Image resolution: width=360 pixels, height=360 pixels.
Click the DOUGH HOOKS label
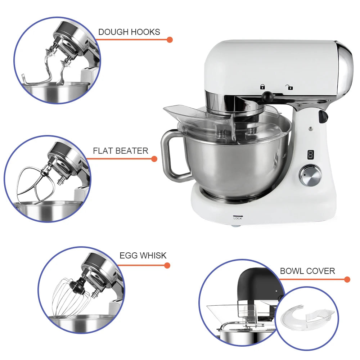click(x=129, y=32)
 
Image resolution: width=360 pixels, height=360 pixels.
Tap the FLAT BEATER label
click(x=121, y=151)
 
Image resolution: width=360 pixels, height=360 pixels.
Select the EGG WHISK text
click(x=143, y=256)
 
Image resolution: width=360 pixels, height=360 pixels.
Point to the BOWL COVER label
click(x=307, y=271)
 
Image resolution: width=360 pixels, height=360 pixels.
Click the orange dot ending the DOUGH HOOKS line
click(x=170, y=40)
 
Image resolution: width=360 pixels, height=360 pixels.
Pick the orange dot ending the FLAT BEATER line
click(x=154, y=159)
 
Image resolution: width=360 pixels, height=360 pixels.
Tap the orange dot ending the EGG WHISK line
click(x=167, y=266)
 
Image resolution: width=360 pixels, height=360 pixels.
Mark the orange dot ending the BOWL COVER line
click(x=347, y=279)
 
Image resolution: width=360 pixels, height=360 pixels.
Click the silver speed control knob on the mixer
click(x=310, y=175)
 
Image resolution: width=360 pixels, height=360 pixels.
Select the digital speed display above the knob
click(x=310, y=155)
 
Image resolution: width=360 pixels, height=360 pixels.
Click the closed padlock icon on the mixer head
click(x=262, y=86)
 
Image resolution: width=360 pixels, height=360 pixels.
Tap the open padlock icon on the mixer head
click(x=289, y=87)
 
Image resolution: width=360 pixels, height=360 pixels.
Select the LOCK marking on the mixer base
click(x=238, y=217)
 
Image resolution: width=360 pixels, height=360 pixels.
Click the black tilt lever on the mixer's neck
click(x=323, y=116)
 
